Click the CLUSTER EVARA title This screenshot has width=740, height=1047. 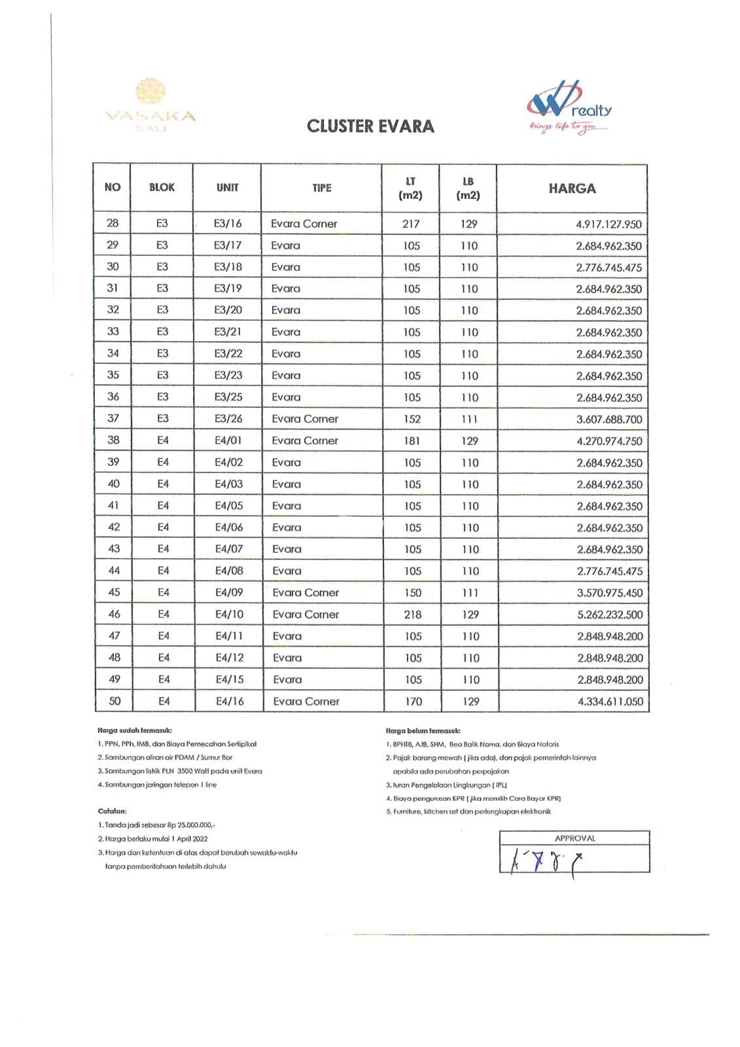(370, 126)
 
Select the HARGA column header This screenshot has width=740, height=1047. (572, 188)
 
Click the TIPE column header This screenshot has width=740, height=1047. (321, 188)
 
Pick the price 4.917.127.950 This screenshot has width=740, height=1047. (608, 224)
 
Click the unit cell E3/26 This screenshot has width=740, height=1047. (228, 418)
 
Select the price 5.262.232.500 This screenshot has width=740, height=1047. (609, 614)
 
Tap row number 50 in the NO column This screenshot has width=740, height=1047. (115, 701)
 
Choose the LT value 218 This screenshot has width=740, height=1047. (413, 614)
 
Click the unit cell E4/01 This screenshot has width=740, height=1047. (228, 440)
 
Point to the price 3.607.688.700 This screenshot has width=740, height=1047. (608, 419)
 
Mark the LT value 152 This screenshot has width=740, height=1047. (412, 419)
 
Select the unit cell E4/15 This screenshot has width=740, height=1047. (230, 679)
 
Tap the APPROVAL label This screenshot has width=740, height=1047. (574, 838)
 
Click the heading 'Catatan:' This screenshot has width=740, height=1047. (112, 811)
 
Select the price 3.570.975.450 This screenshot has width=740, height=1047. (609, 593)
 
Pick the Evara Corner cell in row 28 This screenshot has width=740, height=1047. (304, 224)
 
